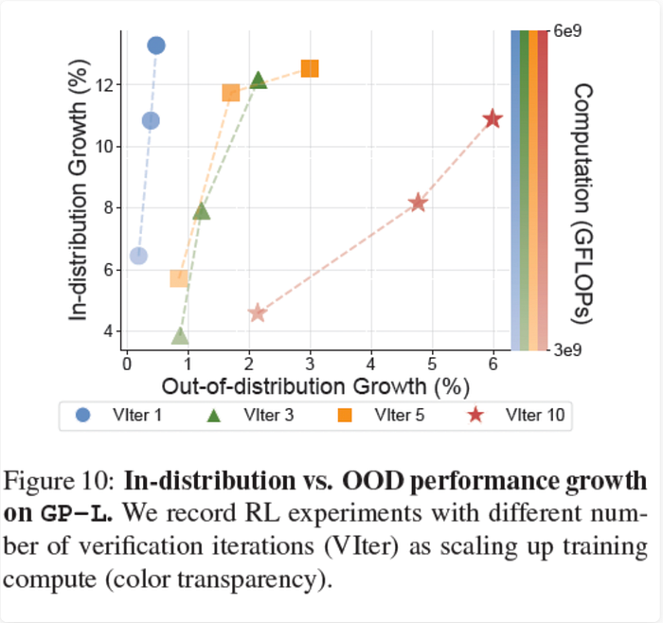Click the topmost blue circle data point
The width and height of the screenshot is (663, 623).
pyautogui.click(x=156, y=45)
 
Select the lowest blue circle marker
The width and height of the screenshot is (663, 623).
pyautogui.click(x=138, y=256)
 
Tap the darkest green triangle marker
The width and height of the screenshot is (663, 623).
pyautogui.click(x=259, y=80)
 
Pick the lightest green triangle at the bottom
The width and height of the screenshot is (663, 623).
pyautogui.click(x=180, y=336)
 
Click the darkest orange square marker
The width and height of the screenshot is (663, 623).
pyautogui.click(x=310, y=68)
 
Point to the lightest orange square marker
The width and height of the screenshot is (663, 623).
pyautogui.click(x=178, y=277)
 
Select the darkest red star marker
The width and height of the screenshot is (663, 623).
pyautogui.click(x=493, y=119)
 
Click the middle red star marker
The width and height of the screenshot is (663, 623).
pyautogui.click(x=418, y=204)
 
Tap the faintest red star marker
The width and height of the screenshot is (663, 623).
pyautogui.click(x=257, y=313)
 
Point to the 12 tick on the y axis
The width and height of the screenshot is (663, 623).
pyautogui.click(x=104, y=84)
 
